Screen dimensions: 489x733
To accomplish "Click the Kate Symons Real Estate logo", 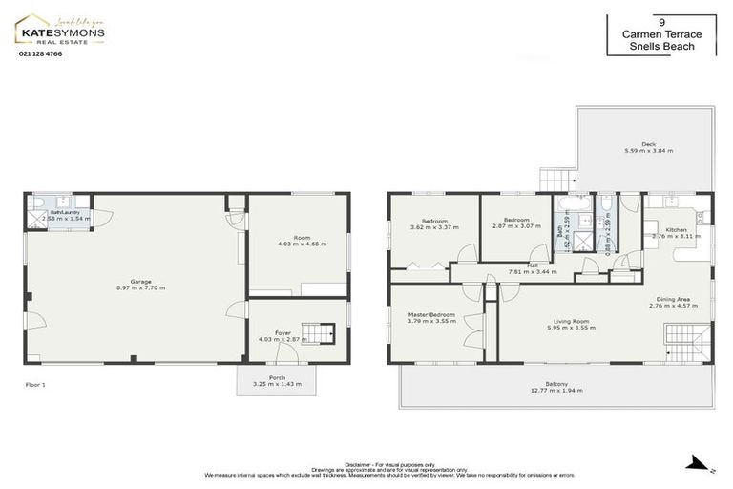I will [59, 31].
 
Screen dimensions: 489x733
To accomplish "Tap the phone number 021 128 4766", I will [40, 54].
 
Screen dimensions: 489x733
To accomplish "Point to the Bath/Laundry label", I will [66, 215].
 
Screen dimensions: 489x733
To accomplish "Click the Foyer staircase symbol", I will [327, 333].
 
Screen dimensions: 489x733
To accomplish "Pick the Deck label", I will [648, 147].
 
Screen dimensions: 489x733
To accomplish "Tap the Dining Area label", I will [673, 303].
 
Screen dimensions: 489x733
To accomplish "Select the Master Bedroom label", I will [431, 317].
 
